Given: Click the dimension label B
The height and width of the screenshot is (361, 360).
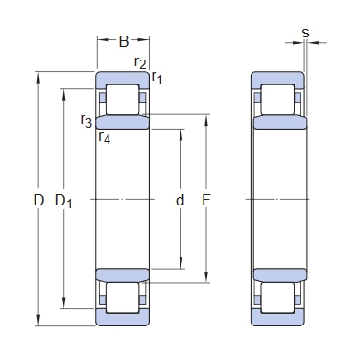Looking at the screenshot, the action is click(124, 41).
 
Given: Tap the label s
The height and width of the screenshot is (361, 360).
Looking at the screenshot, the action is click(306, 33).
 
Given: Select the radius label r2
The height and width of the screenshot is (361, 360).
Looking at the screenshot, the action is click(140, 62).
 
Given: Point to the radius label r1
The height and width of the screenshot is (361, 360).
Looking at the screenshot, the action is click(156, 78).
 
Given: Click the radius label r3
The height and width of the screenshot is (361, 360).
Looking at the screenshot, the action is click(86, 121).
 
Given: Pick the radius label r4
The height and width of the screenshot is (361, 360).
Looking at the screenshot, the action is click(105, 137).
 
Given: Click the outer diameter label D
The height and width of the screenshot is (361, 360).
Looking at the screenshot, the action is click(38, 201).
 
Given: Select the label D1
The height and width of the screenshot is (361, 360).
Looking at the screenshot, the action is click(63, 202).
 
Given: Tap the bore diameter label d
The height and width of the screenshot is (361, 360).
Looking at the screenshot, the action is click(180, 200).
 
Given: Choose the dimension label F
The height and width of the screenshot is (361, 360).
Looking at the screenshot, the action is click(206, 201).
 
